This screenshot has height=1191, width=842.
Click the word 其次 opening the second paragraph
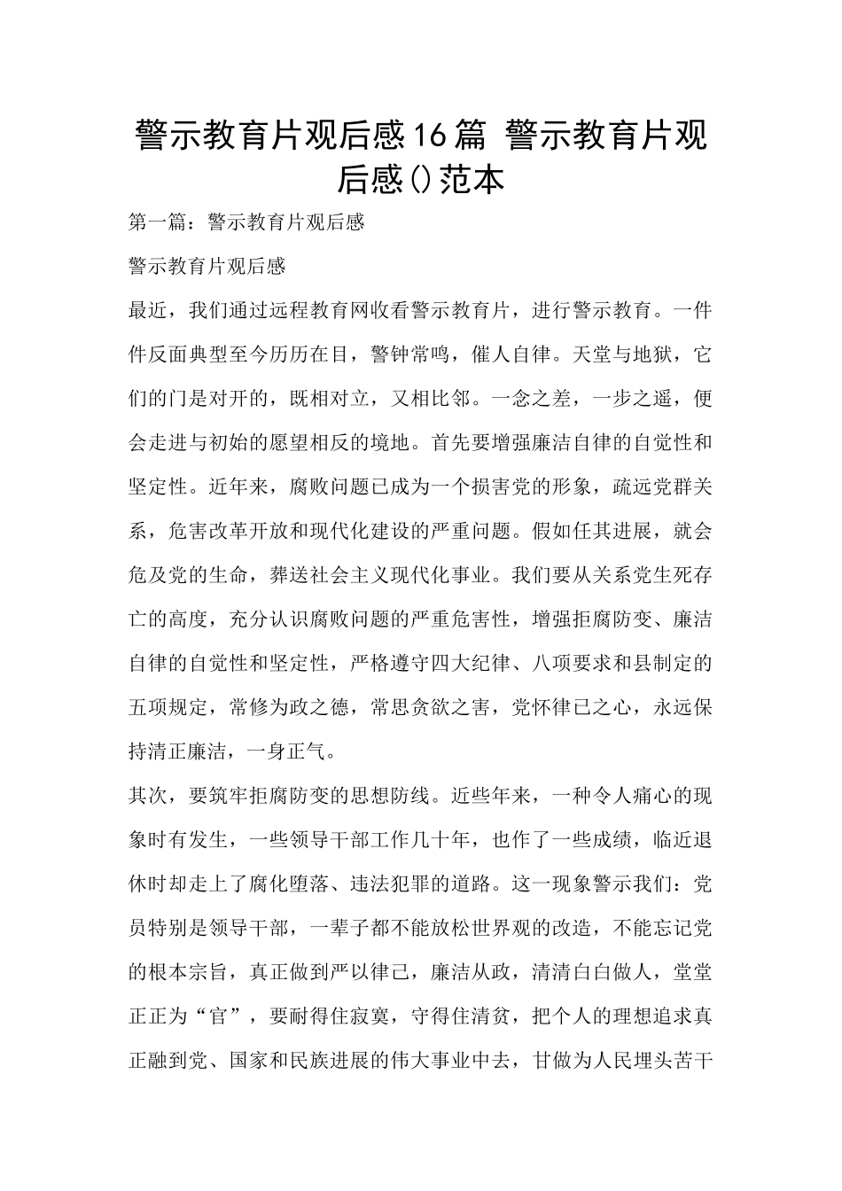[x=148, y=797]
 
